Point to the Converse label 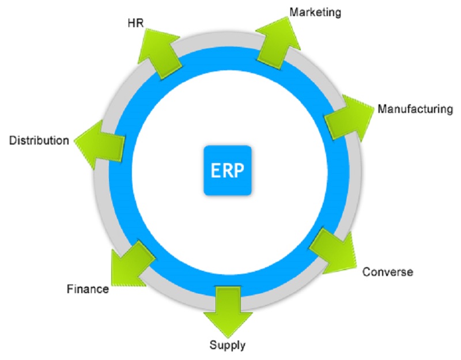(x=387, y=271)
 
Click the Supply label (x=227, y=345)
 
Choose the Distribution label (x=39, y=140)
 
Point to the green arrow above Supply (x=228, y=308)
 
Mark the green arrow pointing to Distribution (x=99, y=145)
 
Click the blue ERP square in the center (x=228, y=170)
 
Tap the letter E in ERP (x=216, y=170)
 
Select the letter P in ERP (x=240, y=170)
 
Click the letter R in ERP (x=227, y=170)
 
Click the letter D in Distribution (x=13, y=140)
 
